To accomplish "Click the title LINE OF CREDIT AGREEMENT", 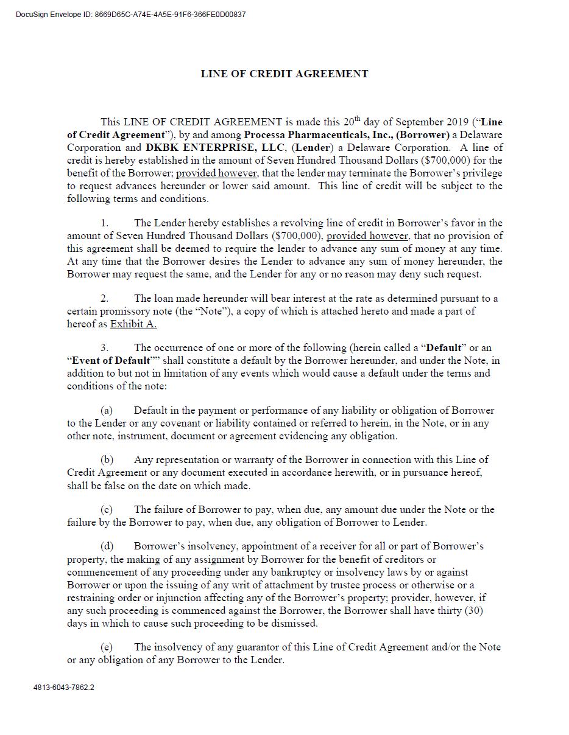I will [x=284, y=74].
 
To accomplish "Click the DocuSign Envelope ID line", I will [x=131, y=15].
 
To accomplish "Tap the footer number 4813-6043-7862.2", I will [x=64, y=688].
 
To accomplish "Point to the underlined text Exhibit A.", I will [x=133, y=324].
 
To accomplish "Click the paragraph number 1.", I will [x=104, y=223].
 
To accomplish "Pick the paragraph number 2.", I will [x=104, y=298].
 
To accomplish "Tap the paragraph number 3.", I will [x=104, y=348].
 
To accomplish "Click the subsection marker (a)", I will [x=107, y=411].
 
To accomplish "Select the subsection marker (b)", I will [x=107, y=460].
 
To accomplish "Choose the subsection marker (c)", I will [x=107, y=510].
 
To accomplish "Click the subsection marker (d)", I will [x=107, y=546].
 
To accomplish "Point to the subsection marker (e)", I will [x=107, y=647].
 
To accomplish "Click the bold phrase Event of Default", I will [x=111, y=361].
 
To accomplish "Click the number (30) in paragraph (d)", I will [x=473, y=610].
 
